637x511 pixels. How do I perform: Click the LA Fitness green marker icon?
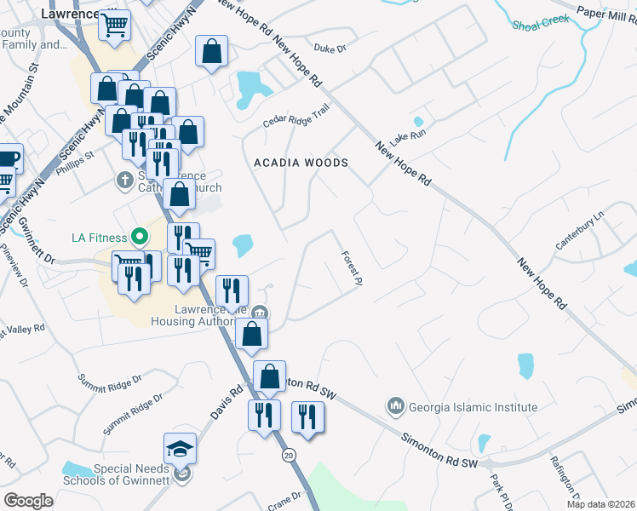pos(136,236)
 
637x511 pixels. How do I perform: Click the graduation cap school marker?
pos(181,449)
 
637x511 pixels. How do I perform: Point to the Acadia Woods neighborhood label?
pos(301,163)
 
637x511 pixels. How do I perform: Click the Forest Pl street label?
pos(352,268)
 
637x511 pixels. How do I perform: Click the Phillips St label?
pos(72,158)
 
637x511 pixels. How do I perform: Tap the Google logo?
pos(29,501)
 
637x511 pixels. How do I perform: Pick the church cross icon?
pos(123,181)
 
